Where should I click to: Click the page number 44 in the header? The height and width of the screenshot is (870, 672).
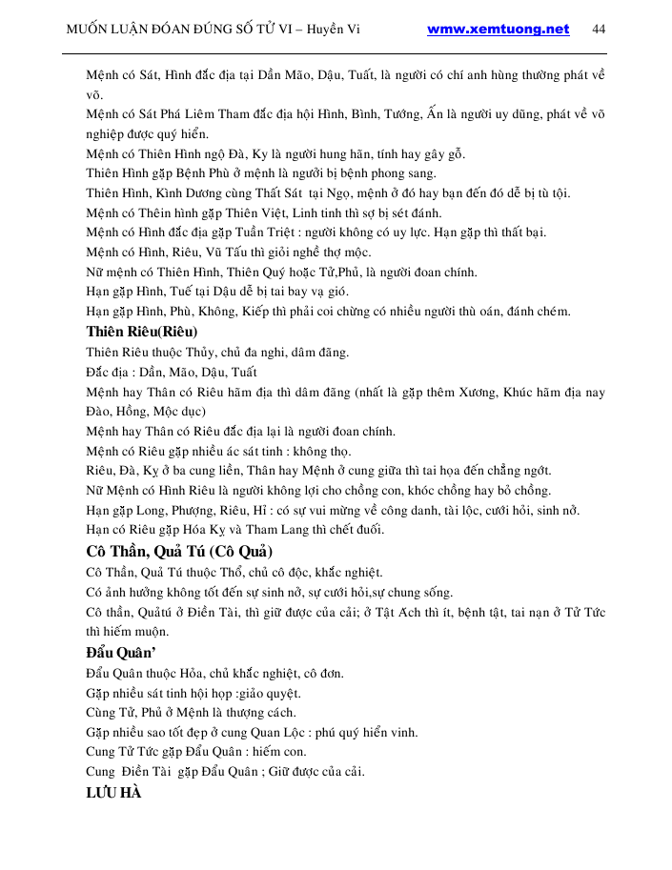tap(599, 29)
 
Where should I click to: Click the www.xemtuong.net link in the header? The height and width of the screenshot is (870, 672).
tap(498, 29)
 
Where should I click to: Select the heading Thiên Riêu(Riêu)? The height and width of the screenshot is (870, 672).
tap(142, 333)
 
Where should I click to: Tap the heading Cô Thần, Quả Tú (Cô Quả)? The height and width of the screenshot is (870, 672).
tap(179, 552)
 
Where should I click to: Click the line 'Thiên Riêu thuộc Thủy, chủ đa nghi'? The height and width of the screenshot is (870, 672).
tap(217, 353)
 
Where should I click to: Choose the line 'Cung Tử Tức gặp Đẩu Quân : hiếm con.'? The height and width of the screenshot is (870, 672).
tap(193, 753)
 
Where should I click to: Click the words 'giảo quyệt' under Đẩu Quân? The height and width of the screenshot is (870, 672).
tap(269, 693)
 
